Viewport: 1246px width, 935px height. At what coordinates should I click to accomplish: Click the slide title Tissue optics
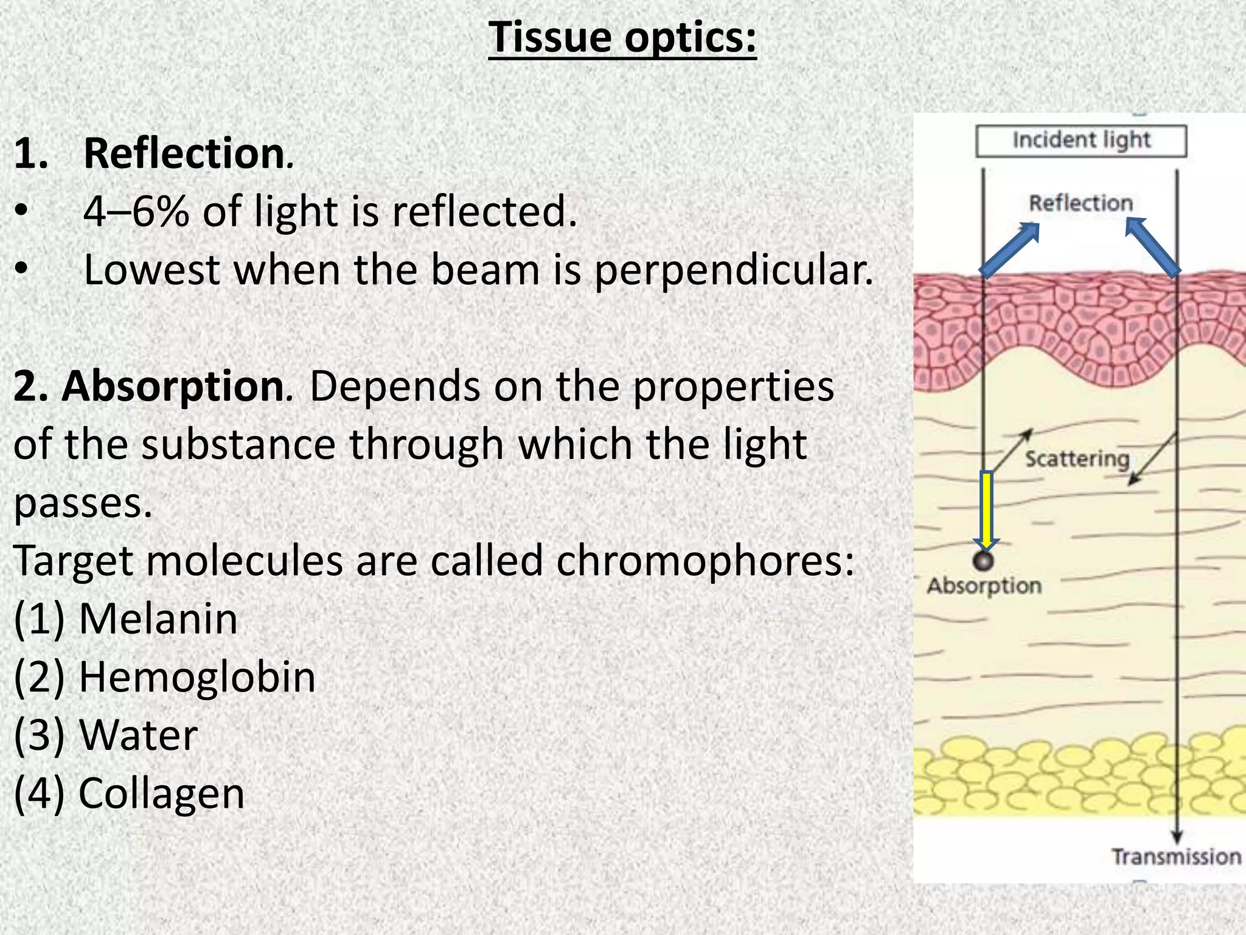[622, 38]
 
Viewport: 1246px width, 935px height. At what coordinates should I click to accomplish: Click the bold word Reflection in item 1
[184, 153]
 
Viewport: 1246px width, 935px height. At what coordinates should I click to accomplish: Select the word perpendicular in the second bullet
[733, 270]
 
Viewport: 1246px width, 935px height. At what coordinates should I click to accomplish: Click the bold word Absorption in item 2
[172, 387]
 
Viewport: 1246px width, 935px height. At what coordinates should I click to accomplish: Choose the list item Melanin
[158, 619]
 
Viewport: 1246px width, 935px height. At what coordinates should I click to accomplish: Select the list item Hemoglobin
[197, 677]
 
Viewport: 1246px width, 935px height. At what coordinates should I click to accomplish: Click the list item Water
[138, 735]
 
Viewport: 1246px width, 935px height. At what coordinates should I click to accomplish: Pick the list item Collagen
[161, 793]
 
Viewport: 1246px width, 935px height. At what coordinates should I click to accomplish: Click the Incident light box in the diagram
[1081, 141]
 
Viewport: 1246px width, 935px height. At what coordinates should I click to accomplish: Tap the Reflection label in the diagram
[1081, 203]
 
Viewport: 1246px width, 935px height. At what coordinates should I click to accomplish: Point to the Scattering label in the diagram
[1077, 458]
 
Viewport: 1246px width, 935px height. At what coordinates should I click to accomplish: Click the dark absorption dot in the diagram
[983, 561]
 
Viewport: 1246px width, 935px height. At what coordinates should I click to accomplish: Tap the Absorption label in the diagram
[984, 586]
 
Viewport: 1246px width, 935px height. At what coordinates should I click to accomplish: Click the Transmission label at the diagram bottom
[1176, 856]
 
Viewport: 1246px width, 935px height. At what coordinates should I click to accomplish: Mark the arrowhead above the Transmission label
[1177, 837]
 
